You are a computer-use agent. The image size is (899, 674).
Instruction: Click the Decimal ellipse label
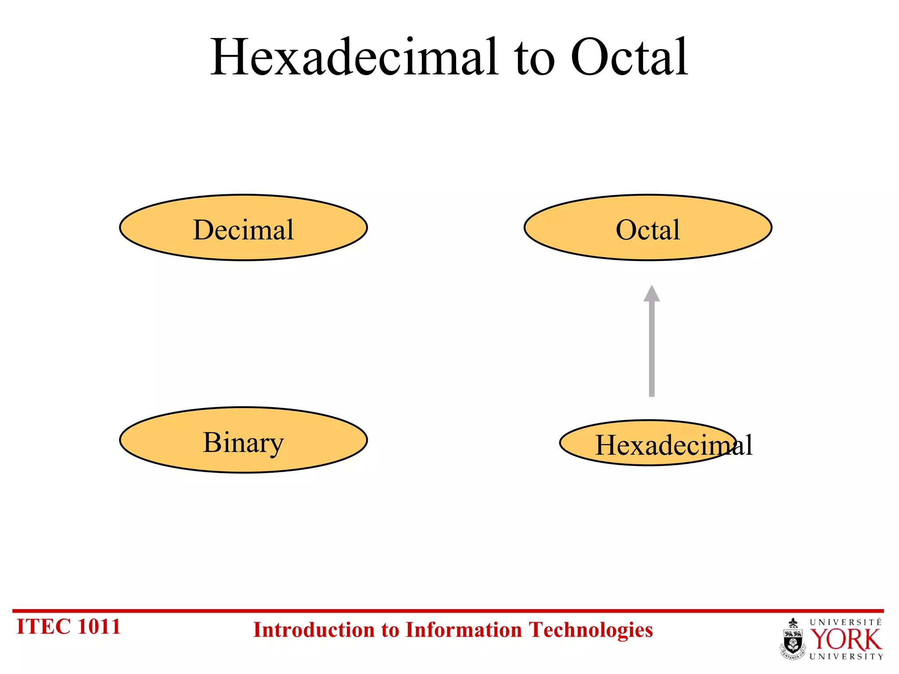pyautogui.click(x=243, y=229)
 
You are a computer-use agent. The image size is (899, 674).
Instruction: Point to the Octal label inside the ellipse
pyautogui.click(x=647, y=229)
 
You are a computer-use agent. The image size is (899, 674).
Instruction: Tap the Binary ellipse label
pyautogui.click(x=243, y=442)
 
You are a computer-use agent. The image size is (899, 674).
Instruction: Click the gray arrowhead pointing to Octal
pyautogui.click(x=651, y=294)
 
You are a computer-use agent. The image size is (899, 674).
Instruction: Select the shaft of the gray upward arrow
pyautogui.click(x=651, y=351)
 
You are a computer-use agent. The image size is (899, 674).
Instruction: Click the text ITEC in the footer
pyautogui.click(x=43, y=627)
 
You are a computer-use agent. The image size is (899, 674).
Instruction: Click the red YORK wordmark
pyautogui.click(x=845, y=640)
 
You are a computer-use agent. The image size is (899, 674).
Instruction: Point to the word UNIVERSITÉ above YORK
pyautogui.click(x=845, y=622)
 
